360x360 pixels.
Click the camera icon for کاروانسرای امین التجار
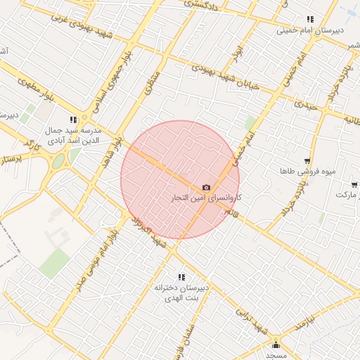click(206, 188)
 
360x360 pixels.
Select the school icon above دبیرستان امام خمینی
click(309, 20)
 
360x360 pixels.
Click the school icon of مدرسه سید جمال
click(73, 120)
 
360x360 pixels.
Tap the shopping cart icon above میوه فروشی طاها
click(307, 161)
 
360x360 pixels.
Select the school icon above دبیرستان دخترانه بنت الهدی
click(181, 277)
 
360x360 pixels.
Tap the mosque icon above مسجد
click(276, 345)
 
